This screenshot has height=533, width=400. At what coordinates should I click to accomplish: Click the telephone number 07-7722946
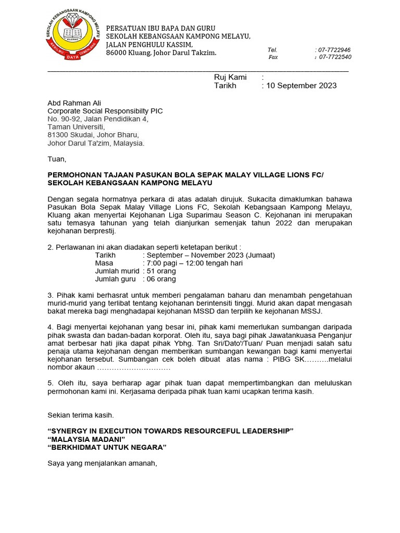[334, 49]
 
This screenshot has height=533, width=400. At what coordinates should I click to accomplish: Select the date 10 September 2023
[302, 86]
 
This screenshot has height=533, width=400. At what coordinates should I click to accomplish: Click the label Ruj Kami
[230, 77]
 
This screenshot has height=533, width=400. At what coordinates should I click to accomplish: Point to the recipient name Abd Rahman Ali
[74, 103]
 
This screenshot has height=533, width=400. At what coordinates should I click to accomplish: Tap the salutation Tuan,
[57, 159]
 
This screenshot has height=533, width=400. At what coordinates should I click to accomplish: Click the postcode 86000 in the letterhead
[118, 53]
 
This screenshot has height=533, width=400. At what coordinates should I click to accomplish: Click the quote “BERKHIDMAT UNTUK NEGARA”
[107, 448]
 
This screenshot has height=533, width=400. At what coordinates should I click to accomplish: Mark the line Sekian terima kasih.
[80, 415]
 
